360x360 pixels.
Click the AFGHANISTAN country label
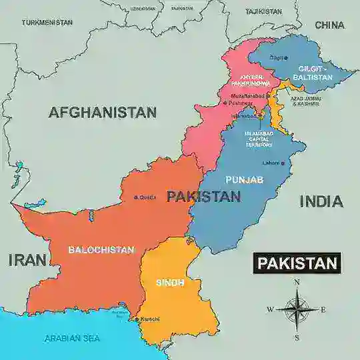click(102, 113)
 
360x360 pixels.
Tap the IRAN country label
click(27, 260)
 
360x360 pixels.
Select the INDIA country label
click(321, 201)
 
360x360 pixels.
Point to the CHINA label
click(329, 25)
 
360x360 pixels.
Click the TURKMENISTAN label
click(47, 22)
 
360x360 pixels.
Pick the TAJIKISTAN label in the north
click(263, 11)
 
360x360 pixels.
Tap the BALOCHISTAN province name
click(101, 250)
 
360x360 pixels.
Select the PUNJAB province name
click(244, 180)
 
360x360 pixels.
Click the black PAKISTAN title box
click(297, 263)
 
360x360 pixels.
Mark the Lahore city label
click(271, 163)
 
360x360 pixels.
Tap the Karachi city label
click(149, 319)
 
